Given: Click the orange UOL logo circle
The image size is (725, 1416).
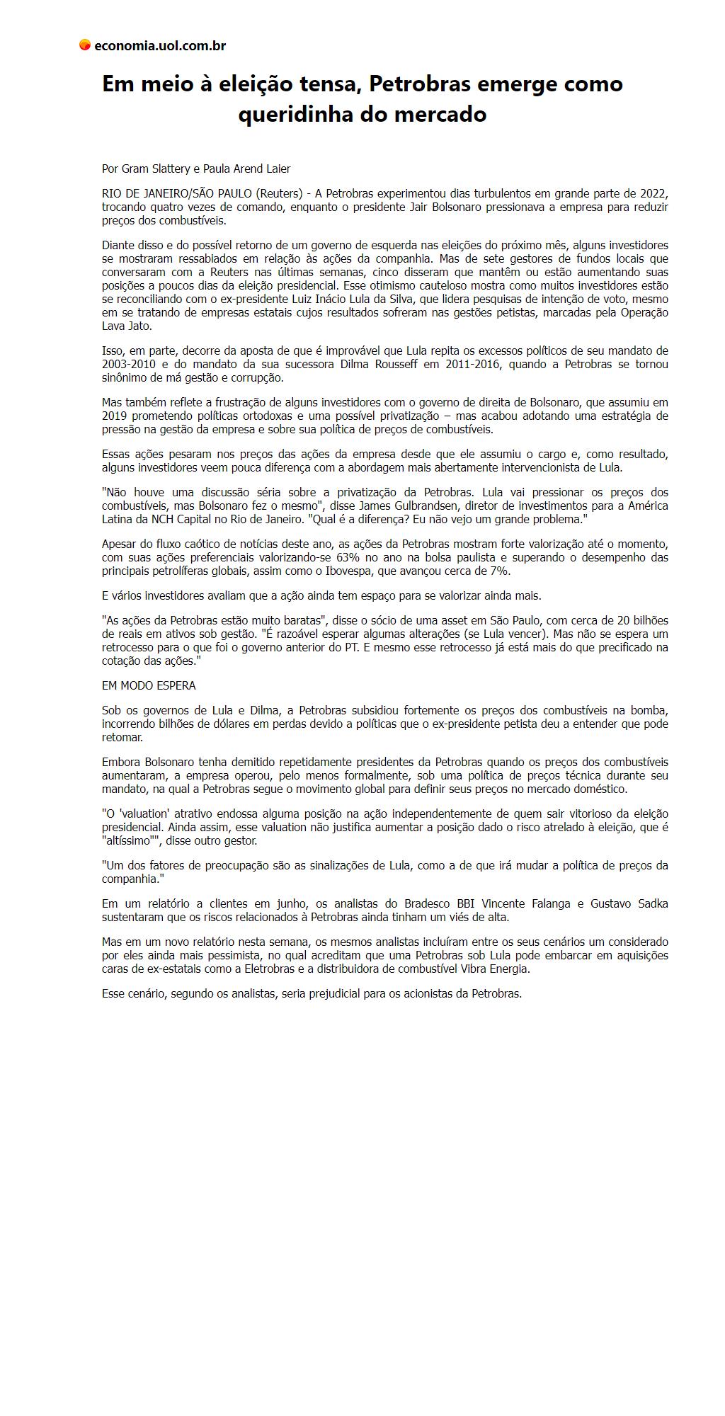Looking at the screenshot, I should point(85,45).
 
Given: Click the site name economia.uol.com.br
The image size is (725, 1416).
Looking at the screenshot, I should point(160,46).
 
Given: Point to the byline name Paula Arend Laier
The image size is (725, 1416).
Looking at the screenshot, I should point(246,169).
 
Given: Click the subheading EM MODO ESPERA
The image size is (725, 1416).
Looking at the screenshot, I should point(149,686).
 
